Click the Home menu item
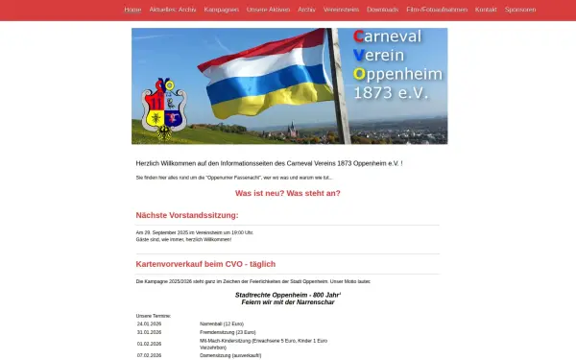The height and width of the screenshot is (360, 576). click(x=132, y=9)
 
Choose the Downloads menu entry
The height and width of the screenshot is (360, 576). click(x=383, y=9)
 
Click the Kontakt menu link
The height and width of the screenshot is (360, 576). click(x=486, y=9)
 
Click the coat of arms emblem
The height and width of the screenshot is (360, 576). click(x=161, y=107)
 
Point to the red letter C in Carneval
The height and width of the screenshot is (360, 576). click(x=358, y=36)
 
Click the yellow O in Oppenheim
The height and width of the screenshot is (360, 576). click(x=358, y=74)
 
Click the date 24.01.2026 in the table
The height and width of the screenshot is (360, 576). click(x=150, y=324)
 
